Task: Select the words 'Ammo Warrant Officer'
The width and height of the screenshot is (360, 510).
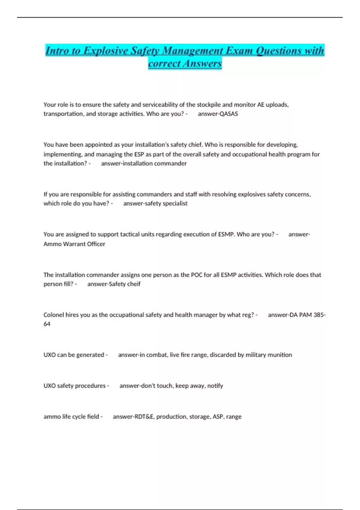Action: click(74, 244)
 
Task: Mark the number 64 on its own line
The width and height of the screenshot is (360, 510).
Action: click(47, 324)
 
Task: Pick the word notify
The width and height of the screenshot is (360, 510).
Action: click(215, 386)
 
